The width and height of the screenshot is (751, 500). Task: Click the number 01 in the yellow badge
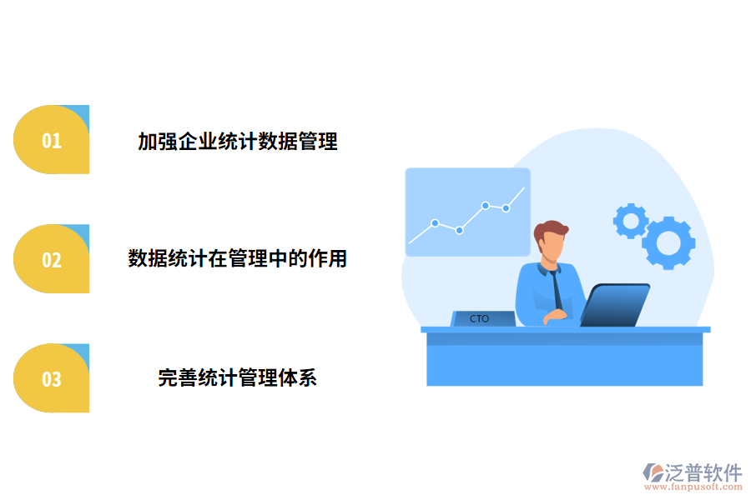(52, 141)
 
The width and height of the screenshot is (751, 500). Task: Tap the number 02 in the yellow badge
(52, 260)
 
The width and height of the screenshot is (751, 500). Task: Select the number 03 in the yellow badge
(52, 379)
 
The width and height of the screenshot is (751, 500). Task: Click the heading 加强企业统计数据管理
(238, 142)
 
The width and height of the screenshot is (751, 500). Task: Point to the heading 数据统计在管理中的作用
(238, 259)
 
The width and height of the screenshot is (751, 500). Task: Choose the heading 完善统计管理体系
(238, 378)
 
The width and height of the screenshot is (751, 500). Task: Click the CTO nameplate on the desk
(480, 318)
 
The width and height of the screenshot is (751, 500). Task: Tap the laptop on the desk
(616, 305)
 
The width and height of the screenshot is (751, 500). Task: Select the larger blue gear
(668, 242)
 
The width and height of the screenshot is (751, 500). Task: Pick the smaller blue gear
(631, 221)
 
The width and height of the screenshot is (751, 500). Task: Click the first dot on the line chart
(435, 223)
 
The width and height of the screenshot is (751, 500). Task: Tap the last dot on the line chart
(506, 208)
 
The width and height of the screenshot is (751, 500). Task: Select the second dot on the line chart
(459, 230)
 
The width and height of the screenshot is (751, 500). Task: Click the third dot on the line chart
(485, 205)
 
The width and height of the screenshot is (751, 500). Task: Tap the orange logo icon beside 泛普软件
(653, 473)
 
